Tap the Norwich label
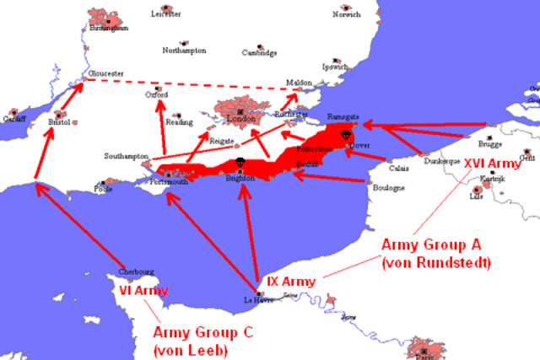click(346, 14)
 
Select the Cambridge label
click(260, 52)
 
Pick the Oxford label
click(157, 95)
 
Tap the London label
click(241, 119)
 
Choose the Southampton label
click(127, 156)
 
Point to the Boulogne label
click(389, 188)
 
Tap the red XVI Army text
click(493, 162)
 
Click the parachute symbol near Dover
click(345, 135)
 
